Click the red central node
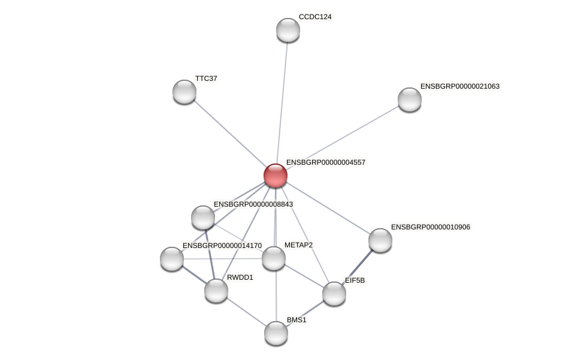click(276, 176)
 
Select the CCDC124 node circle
click(288, 30)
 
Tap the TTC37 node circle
click(184, 92)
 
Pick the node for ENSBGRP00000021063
click(410, 99)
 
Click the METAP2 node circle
click(274, 258)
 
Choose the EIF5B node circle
click(334, 294)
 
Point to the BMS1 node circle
click(276, 333)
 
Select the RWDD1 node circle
click(216, 291)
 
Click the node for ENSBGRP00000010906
click(380, 240)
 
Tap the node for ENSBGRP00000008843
click(203, 217)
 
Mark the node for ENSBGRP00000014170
click(172, 259)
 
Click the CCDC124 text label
click(315, 17)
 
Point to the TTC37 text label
click(206, 78)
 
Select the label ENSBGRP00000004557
click(325, 162)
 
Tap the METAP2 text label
click(298, 245)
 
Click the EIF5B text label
click(355, 280)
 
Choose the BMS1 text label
click(296, 320)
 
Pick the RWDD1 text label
click(240, 277)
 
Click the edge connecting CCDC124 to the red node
click(282, 102)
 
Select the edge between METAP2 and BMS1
click(276, 297)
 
